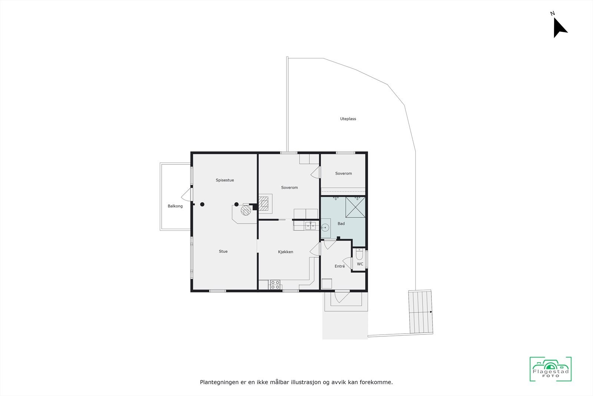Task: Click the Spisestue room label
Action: [225, 180]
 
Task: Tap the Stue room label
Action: [223, 252]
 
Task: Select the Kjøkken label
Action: [285, 252]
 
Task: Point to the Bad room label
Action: [341, 224]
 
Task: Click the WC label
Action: [360, 264]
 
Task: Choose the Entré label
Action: [339, 266]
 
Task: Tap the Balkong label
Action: [175, 206]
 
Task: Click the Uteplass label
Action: [348, 119]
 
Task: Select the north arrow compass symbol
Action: [559, 27]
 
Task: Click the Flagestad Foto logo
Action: [550, 369]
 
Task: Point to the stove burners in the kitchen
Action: [275, 285]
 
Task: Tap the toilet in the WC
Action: [359, 255]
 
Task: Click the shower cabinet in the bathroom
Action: [355, 207]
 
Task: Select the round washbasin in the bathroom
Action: [325, 228]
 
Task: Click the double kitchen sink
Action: [310, 225]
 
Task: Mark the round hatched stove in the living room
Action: [246, 210]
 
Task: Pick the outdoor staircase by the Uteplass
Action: [421, 312]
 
